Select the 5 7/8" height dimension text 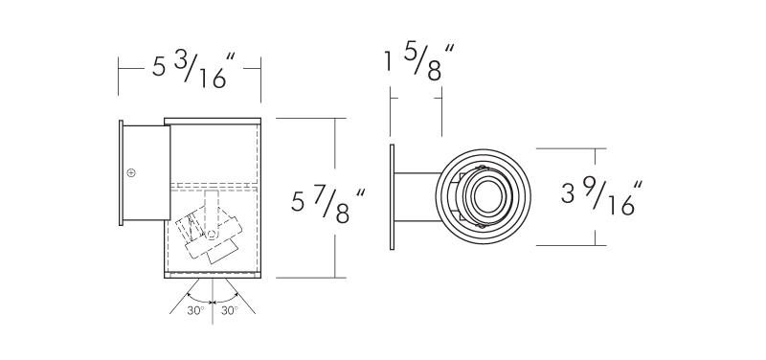click(x=327, y=205)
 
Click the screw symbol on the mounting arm click(x=131, y=172)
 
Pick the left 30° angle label click(x=195, y=310)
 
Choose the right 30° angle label click(x=229, y=310)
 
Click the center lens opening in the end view click(x=487, y=197)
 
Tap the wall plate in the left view click(x=122, y=173)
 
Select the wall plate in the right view click(x=392, y=197)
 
